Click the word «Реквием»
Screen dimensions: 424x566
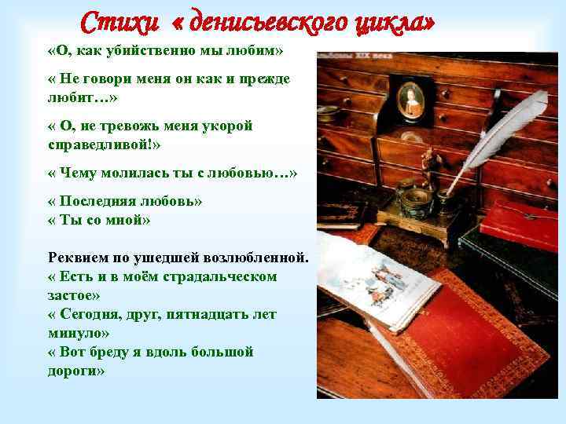click(79, 258)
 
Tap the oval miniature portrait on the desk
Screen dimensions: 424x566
click(410, 99)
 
